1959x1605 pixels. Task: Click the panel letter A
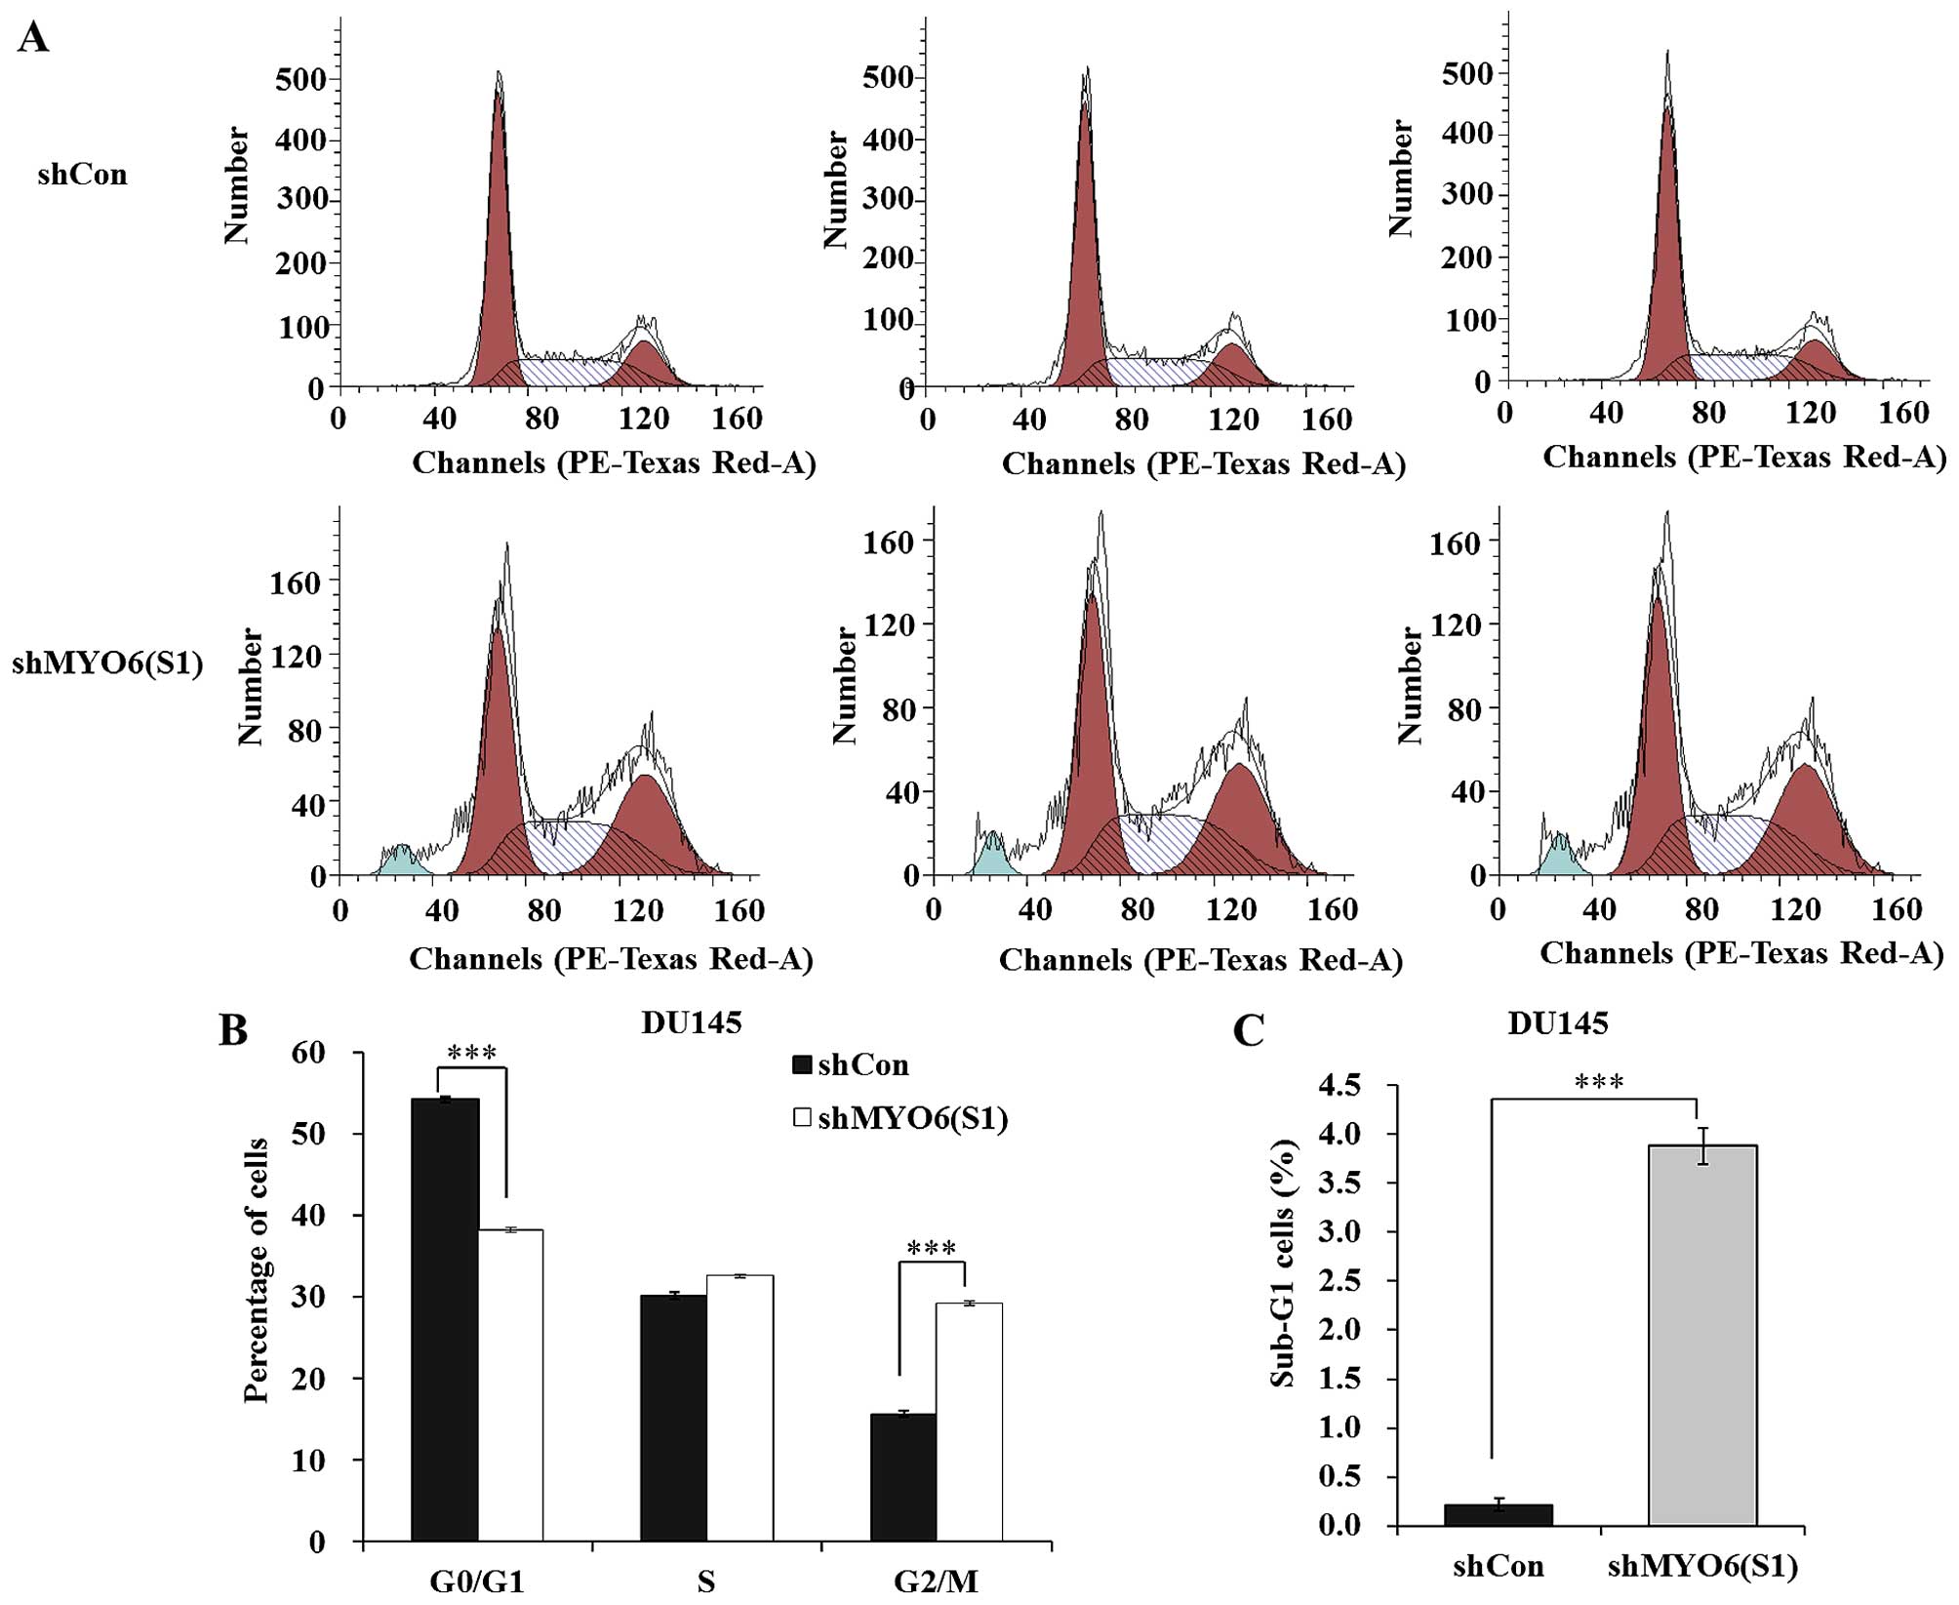[x=33, y=39]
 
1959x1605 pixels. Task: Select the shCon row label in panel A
[x=82, y=176]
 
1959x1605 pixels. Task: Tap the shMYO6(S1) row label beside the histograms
[x=107, y=665]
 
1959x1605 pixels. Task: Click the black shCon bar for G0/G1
[x=445, y=1318]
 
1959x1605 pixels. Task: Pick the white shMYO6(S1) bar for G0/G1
[x=510, y=1384]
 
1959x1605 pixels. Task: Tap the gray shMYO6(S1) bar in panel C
[x=1702, y=1336]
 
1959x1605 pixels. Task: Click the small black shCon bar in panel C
[x=1498, y=1515]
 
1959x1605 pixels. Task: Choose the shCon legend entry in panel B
[x=852, y=1065]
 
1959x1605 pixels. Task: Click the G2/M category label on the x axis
[x=936, y=1583]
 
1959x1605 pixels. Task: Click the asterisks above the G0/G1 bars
[x=472, y=1054]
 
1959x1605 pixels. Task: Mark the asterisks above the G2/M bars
[x=932, y=1248]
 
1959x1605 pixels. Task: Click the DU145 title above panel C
[x=1557, y=1023]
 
